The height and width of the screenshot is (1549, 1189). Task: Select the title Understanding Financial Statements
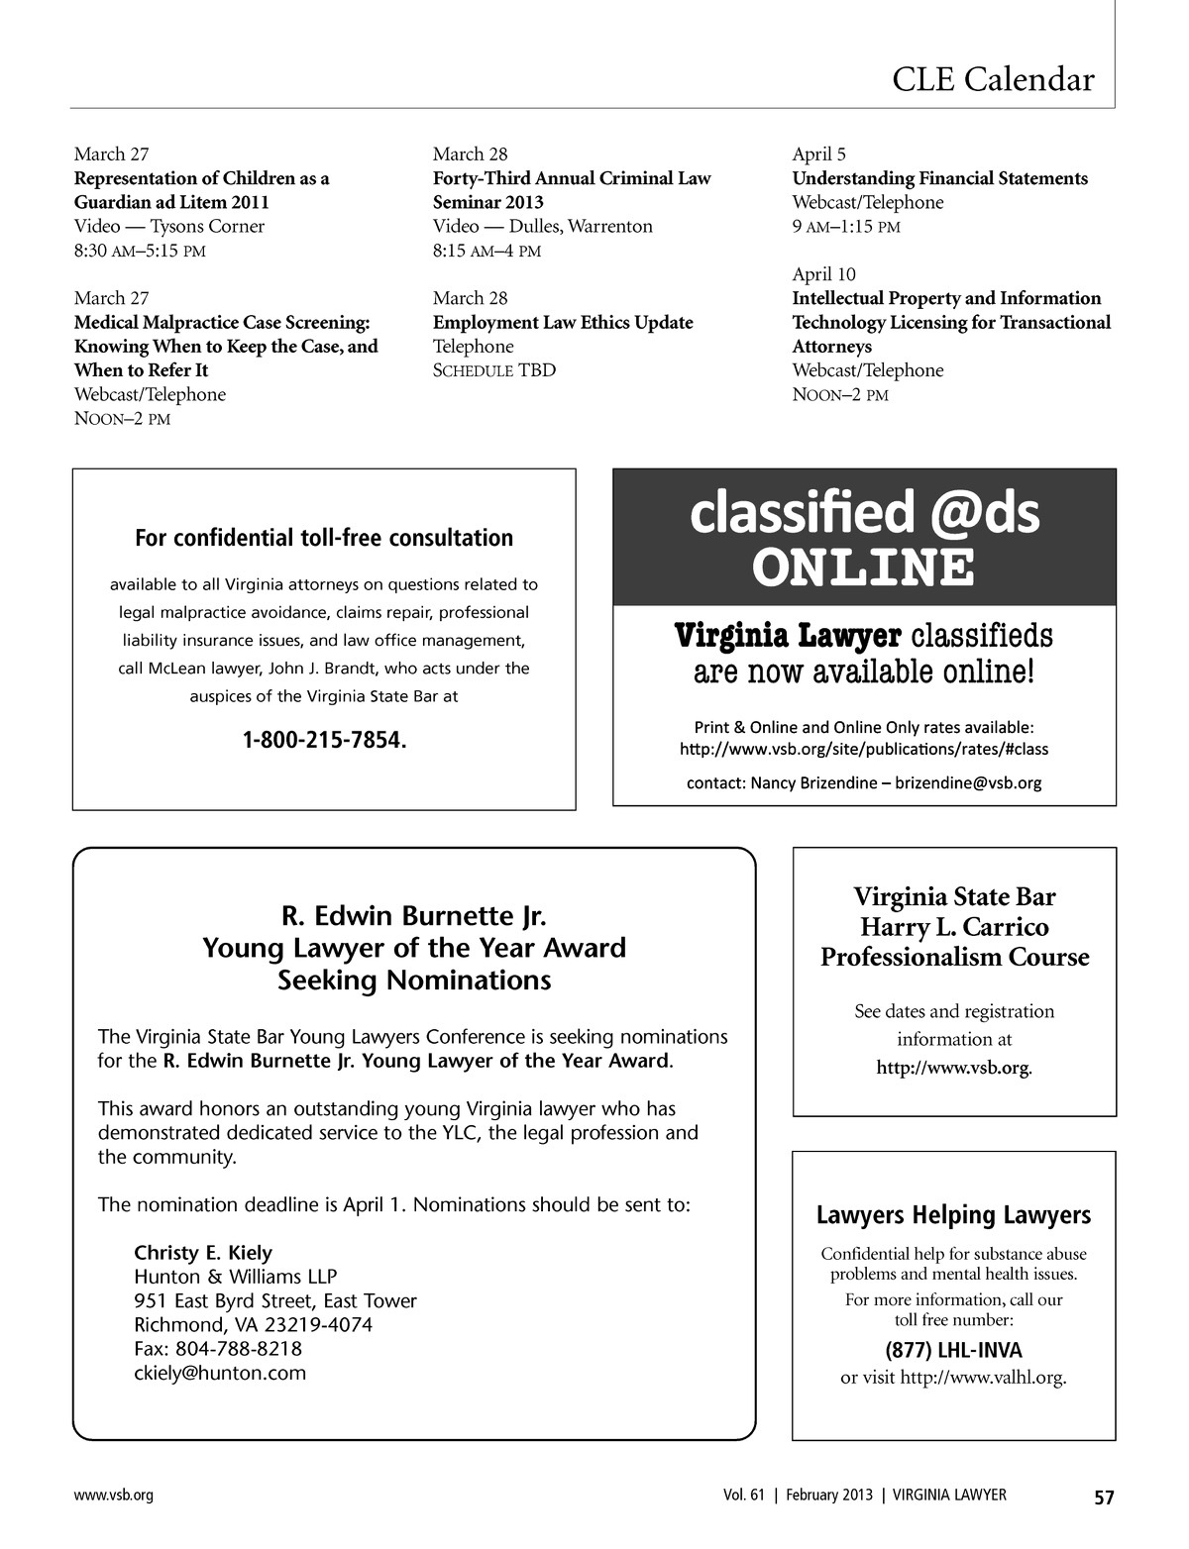(939, 178)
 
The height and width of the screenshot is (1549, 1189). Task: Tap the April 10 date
(823, 274)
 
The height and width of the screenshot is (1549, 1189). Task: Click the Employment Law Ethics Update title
(563, 322)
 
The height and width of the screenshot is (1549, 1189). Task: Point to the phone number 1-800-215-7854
(324, 740)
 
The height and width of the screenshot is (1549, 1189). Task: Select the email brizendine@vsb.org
(968, 782)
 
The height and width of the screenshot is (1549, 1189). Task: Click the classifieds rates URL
(864, 749)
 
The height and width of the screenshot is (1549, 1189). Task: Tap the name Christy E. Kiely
(203, 1252)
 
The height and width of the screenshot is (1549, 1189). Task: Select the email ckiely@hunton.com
(220, 1373)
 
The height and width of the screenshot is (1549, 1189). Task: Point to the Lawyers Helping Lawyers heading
(953, 1215)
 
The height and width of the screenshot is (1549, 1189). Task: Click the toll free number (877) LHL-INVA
(953, 1350)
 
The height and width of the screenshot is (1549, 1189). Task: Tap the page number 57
(1104, 1497)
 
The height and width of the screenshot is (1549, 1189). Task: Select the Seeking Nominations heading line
(414, 981)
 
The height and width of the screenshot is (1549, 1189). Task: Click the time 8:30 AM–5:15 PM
(140, 251)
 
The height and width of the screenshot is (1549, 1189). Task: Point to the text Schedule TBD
(494, 370)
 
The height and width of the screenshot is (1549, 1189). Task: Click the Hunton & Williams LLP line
(235, 1277)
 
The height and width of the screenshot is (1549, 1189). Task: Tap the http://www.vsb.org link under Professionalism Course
(953, 1068)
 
